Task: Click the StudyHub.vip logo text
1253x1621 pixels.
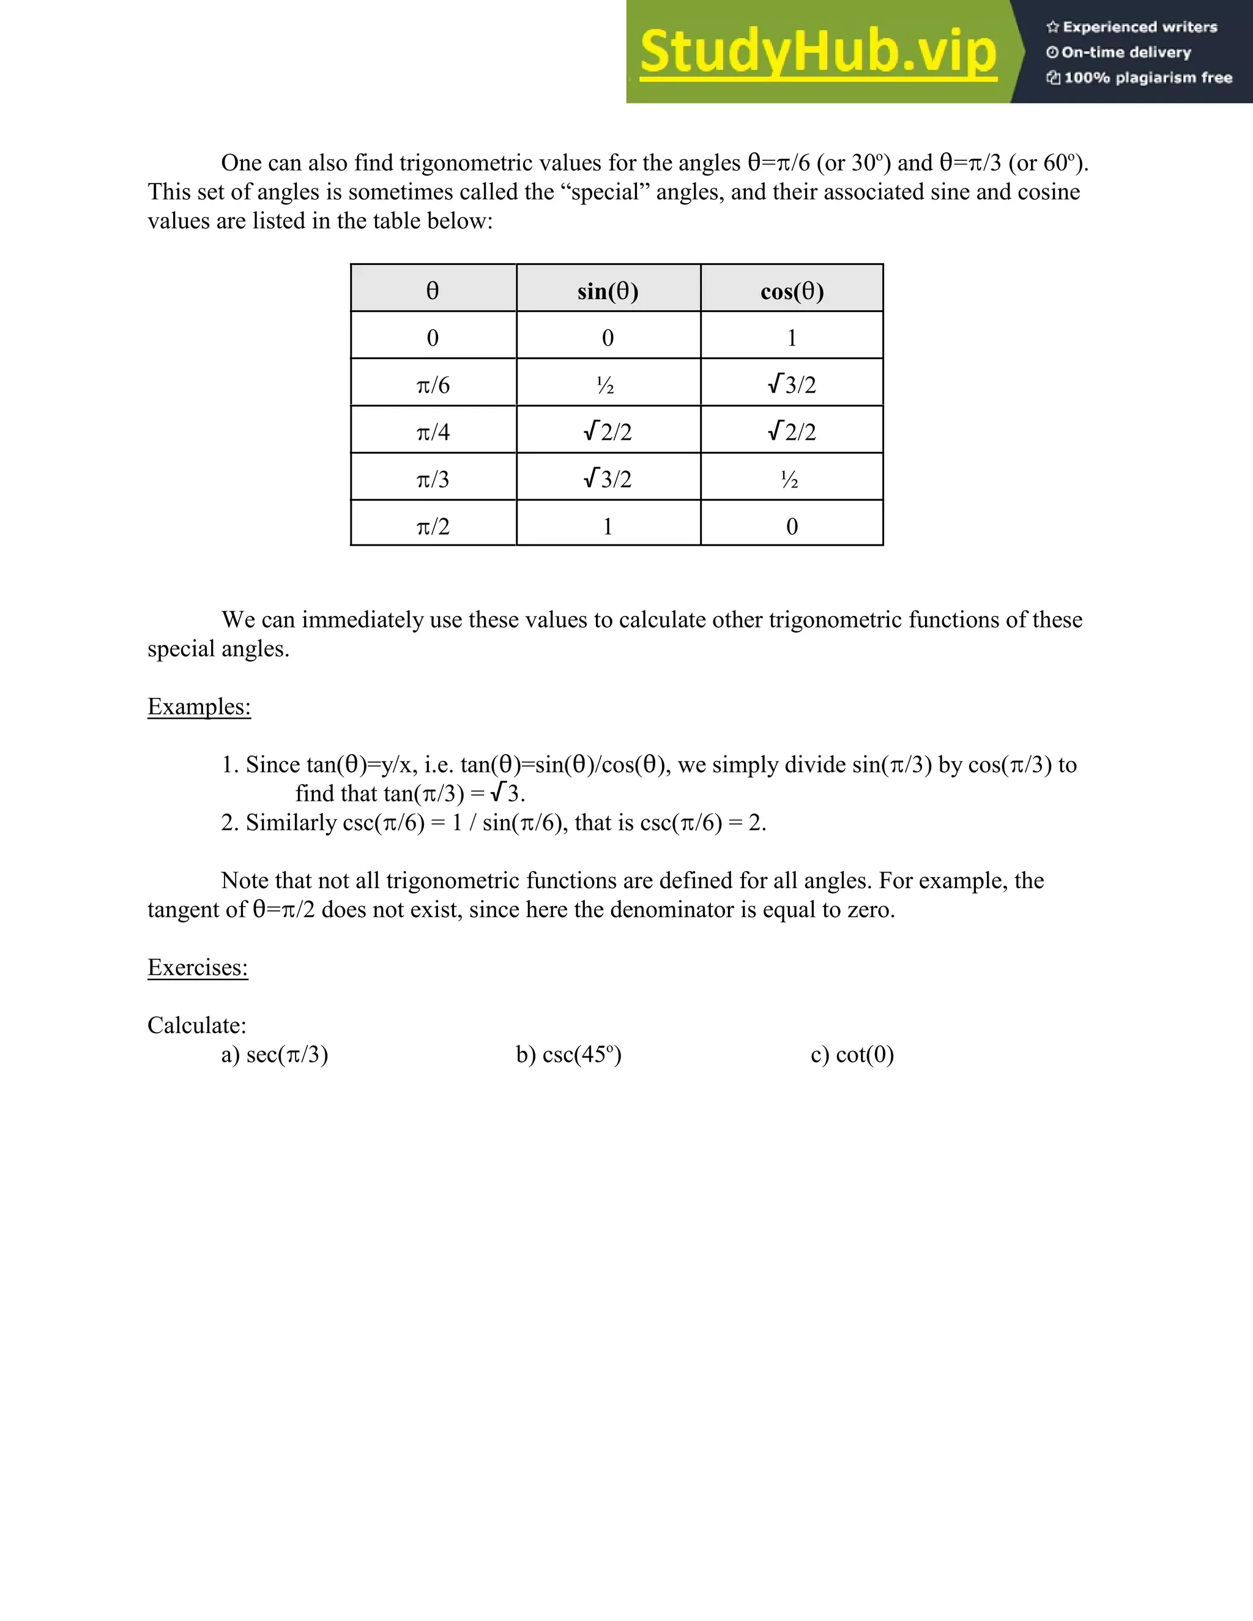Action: (817, 52)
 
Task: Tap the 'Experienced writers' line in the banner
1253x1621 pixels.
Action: (1132, 28)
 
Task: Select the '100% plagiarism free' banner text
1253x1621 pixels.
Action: (1139, 78)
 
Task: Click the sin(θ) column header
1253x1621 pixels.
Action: (608, 291)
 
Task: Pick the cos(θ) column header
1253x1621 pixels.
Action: (792, 291)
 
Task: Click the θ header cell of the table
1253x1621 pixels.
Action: (433, 291)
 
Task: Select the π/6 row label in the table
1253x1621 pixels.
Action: (433, 385)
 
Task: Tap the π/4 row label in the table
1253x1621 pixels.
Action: (433, 431)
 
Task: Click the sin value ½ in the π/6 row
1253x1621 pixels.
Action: (606, 385)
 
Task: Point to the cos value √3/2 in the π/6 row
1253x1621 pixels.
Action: (792, 385)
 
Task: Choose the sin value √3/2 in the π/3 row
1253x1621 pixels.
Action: (608, 479)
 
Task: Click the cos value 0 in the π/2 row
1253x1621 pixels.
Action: (792, 526)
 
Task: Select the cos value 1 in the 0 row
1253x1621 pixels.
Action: (792, 338)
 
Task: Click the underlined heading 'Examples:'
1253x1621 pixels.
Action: (199, 707)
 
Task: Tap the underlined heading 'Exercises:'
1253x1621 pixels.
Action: (198, 967)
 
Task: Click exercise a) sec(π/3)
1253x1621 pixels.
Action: (275, 1055)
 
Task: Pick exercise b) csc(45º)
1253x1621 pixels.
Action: (568, 1055)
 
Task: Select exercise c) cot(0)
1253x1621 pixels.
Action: (852, 1055)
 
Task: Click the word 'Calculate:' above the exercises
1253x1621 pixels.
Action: (197, 1025)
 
